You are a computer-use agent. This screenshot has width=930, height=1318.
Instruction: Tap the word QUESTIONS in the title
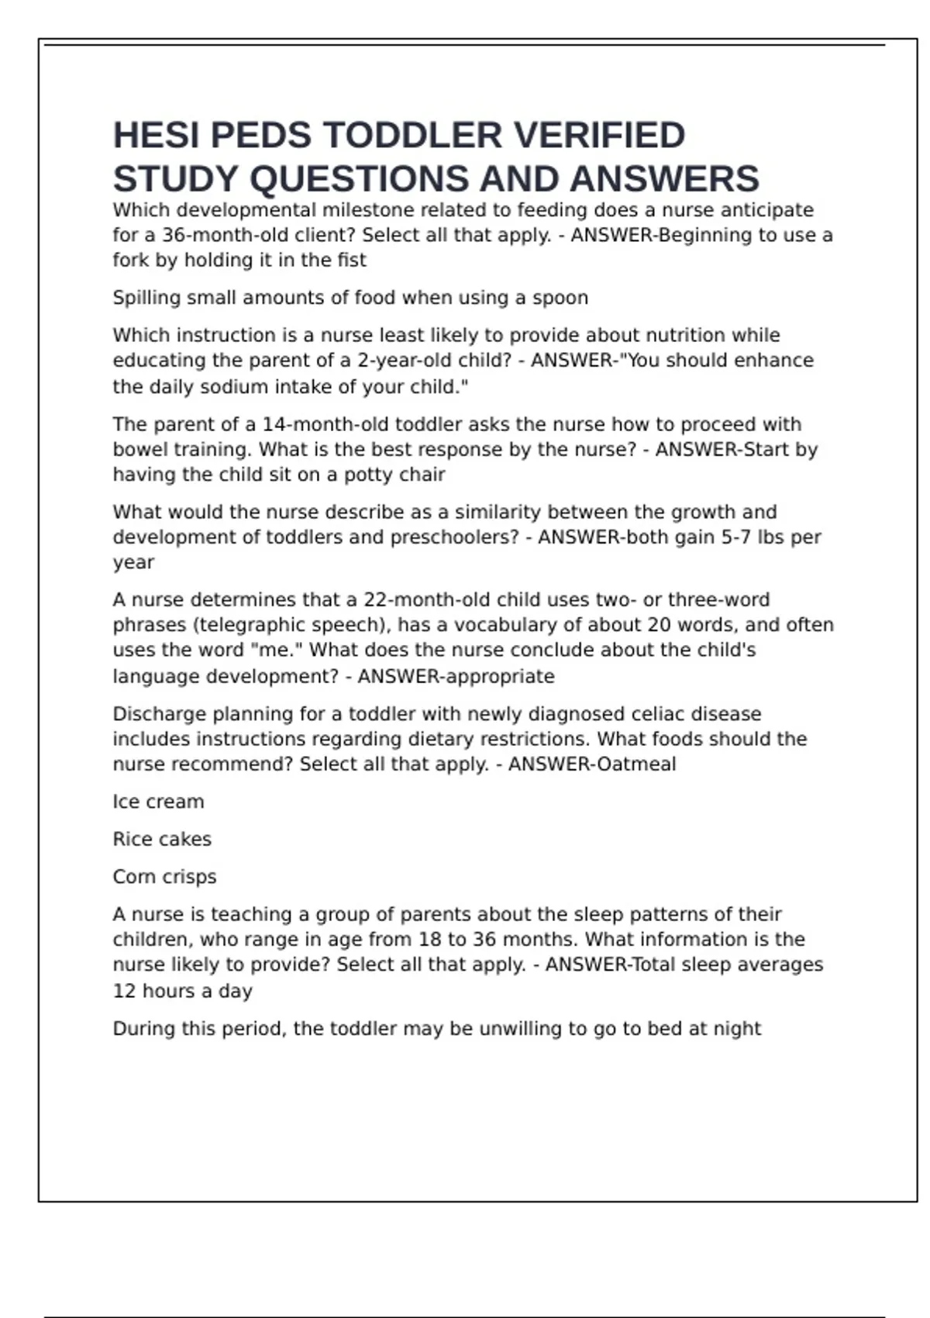coord(360,179)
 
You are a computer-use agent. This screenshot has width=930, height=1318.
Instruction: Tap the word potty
coord(370,474)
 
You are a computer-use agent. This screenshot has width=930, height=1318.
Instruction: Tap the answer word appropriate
coord(500,676)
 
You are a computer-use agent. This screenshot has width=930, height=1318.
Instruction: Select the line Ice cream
coord(158,802)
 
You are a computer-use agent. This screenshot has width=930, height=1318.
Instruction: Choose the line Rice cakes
coord(162,839)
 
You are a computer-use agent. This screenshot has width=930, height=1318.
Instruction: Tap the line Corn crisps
coord(164,877)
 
